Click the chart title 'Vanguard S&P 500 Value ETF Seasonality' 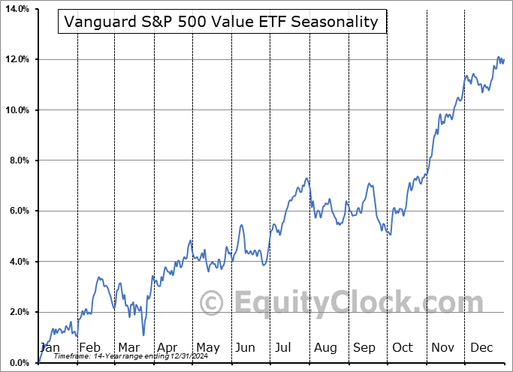[x=222, y=22]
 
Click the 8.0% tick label [x=17, y=160]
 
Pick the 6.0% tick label [x=17, y=211]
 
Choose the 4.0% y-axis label [x=17, y=262]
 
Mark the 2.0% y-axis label [x=17, y=313]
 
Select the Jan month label [x=50, y=347]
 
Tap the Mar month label [x=128, y=347]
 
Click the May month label [x=207, y=347]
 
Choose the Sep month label [x=364, y=347]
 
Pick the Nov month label [x=443, y=347]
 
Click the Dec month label [x=482, y=347]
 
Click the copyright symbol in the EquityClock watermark [x=213, y=304]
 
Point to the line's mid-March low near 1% [x=143, y=335]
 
